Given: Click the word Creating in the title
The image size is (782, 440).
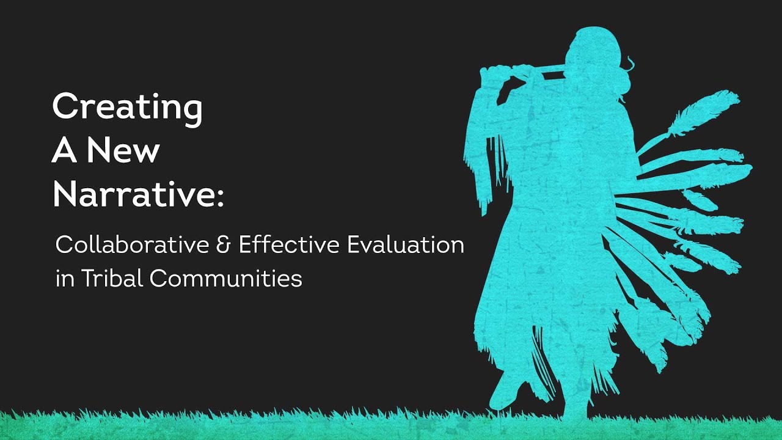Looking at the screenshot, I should coord(127,108).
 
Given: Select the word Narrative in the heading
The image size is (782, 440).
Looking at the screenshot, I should coord(133,194).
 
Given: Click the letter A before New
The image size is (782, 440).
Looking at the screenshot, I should coord(64,151).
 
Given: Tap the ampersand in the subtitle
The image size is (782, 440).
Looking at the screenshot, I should coord(221,246).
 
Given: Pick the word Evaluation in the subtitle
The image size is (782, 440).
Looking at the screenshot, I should coord(406,246).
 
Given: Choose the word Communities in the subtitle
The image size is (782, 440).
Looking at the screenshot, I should coord(226,279).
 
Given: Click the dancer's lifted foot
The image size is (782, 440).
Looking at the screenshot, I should coord(504,391).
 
